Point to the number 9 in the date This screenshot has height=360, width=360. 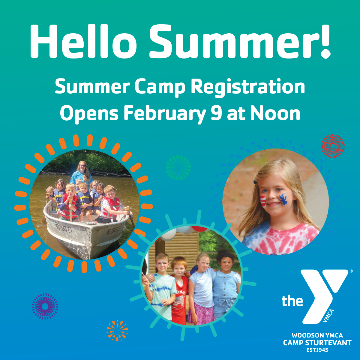216,114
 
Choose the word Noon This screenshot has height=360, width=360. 275,114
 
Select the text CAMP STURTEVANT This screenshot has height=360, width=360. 317,343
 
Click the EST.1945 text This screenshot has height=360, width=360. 317,350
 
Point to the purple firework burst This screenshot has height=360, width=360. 45,306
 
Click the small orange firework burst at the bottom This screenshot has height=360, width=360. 117,330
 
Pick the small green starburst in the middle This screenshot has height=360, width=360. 178,168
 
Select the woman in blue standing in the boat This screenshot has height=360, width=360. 81,172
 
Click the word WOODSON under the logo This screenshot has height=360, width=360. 304,335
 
